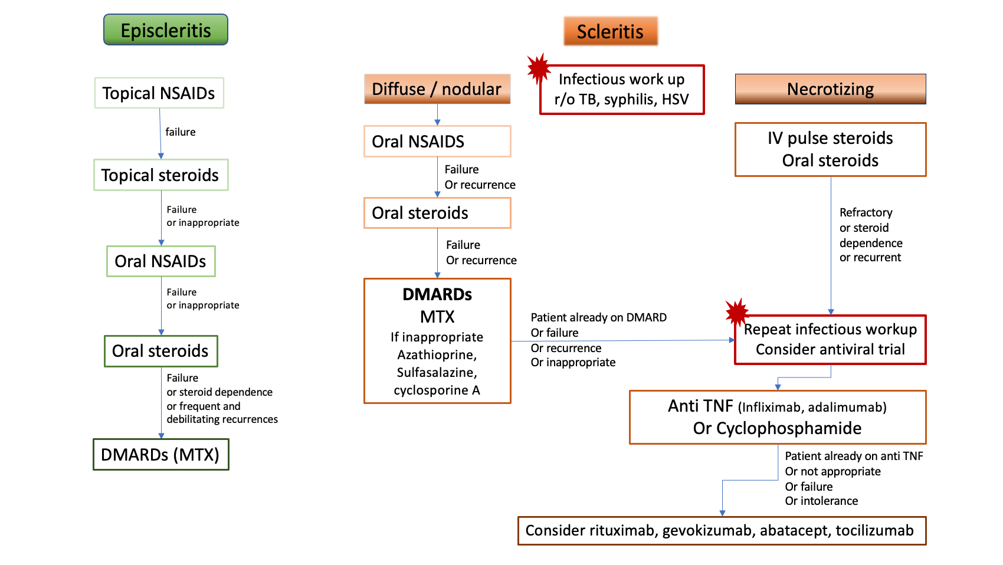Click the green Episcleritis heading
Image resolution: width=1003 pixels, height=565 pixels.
pos(166,30)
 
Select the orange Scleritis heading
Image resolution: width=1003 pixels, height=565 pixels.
pos(610,31)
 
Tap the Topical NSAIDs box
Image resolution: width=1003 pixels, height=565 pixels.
pos(159,93)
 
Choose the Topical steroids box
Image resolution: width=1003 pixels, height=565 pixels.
pos(160,175)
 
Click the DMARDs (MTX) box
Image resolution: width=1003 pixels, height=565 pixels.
pos(160,455)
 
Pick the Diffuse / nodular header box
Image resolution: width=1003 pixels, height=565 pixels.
pos(437,89)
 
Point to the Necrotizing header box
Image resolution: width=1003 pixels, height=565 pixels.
pos(830,89)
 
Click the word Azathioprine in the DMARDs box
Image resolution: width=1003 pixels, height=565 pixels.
pos(437,355)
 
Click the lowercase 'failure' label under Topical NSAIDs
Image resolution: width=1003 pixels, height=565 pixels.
pos(181,132)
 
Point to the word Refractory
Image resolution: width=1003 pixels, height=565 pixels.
pos(866,212)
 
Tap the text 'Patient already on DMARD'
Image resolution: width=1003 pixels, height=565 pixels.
pos(598,317)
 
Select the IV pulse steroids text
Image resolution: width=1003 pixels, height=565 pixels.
pos(830,138)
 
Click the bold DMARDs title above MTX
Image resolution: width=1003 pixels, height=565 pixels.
pos(437,294)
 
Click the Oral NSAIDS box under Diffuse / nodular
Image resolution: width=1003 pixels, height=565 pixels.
pos(437,142)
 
